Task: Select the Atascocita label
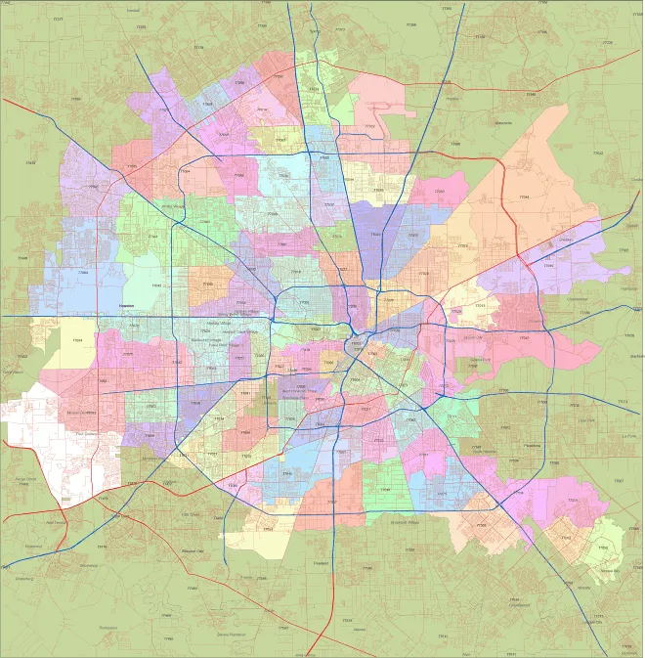pos(503,123)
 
